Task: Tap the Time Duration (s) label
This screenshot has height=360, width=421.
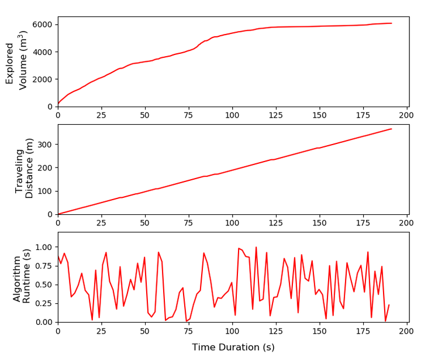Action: pyautogui.click(x=233, y=347)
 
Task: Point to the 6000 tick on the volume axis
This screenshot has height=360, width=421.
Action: pyautogui.click(x=43, y=25)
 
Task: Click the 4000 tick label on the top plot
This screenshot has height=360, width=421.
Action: pyautogui.click(x=43, y=52)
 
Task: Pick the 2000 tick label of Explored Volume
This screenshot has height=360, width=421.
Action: pyautogui.click(x=43, y=80)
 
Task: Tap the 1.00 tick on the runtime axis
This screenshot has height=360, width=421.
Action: pyautogui.click(x=43, y=248)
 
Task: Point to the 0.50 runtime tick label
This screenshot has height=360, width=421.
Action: pyautogui.click(x=43, y=285)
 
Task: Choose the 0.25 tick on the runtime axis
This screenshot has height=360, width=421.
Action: pyautogui.click(x=43, y=304)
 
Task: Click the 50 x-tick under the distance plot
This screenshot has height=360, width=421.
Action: pyautogui.click(x=145, y=224)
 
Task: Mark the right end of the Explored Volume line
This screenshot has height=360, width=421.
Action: pyautogui.click(x=391, y=23)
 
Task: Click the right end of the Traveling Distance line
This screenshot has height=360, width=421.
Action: pyautogui.click(x=391, y=129)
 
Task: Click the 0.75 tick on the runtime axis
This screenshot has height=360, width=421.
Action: pyautogui.click(x=43, y=266)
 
